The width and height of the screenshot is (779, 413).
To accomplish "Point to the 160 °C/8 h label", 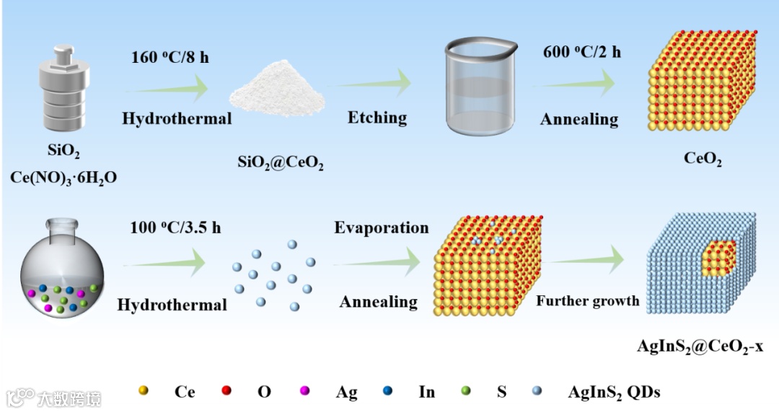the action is [x=170, y=57].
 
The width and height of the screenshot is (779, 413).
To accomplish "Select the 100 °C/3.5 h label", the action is [x=175, y=228].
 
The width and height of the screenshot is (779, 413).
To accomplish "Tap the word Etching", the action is [x=377, y=118].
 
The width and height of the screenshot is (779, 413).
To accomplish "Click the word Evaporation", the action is [x=381, y=228].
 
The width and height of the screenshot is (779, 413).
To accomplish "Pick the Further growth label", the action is [x=587, y=301].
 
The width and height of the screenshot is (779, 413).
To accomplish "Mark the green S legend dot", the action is [x=465, y=391].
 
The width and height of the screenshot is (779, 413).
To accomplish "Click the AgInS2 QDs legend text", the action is [x=614, y=393].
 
